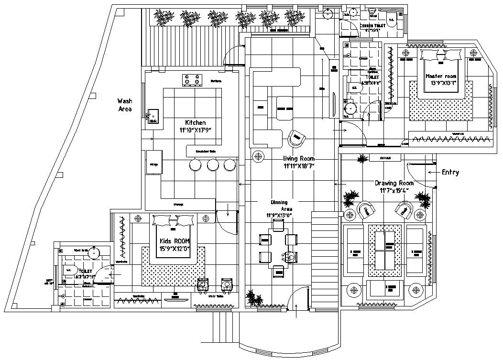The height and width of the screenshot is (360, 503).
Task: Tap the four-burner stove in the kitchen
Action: tap(192, 80)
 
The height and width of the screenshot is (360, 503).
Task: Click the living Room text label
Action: tap(299, 159)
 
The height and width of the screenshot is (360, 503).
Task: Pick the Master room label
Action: tap(441, 76)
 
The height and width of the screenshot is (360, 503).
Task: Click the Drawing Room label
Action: tap(394, 183)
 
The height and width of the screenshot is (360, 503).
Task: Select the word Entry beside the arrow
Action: tap(450, 173)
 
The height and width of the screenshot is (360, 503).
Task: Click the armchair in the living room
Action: tap(297, 139)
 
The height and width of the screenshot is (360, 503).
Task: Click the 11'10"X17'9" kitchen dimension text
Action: tap(195, 130)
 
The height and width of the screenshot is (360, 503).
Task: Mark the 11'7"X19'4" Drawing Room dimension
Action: tap(394, 191)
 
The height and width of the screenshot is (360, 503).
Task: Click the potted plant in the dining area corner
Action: tap(253, 298)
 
